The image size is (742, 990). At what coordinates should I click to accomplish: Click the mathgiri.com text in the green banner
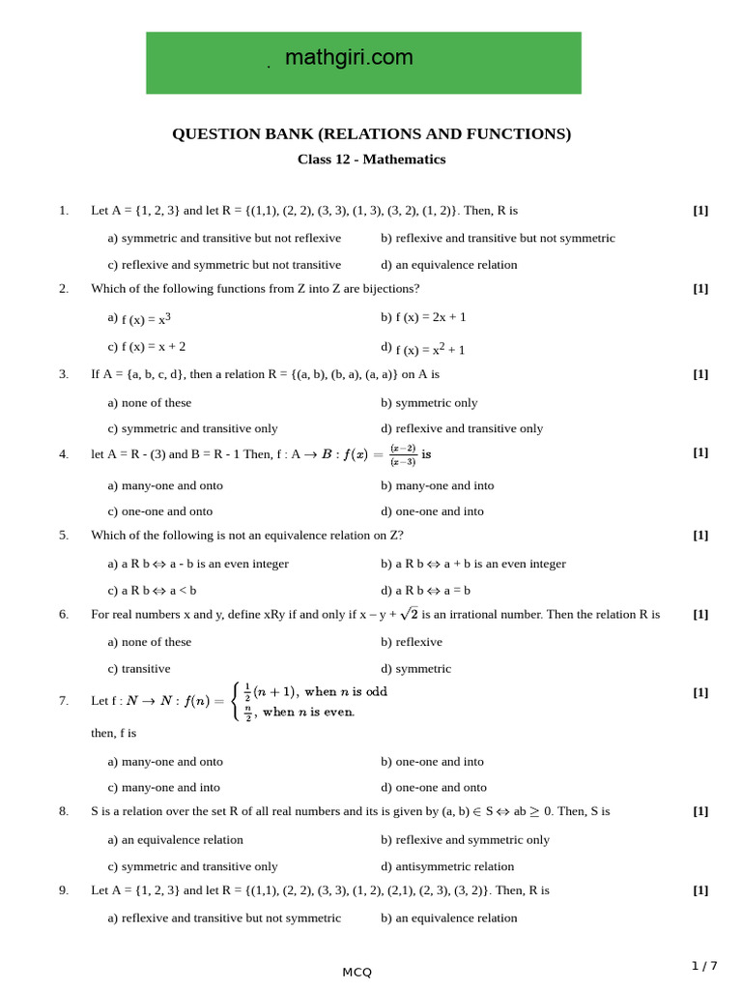(x=349, y=58)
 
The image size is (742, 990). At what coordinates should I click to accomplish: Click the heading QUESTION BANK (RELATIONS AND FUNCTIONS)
(x=371, y=134)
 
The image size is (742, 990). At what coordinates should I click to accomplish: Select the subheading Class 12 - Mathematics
(x=371, y=160)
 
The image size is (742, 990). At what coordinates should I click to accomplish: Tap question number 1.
(x=64, y=211)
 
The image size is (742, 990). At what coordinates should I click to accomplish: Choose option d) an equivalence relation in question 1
(x=449, y=265)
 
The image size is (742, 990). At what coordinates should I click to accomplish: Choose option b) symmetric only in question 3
(x=429, y=403)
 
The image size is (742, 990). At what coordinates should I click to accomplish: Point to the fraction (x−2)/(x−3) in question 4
(x=403, y=454)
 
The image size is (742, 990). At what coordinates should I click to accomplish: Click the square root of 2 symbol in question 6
(x=409, y=614)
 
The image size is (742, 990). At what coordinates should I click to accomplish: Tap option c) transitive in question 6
(x=139, y=669)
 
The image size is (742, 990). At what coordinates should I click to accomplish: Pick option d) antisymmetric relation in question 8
(x=447, y=867)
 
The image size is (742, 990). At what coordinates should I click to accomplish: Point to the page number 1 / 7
(x=704, y=966)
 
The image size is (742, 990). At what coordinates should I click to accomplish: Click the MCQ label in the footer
(x=357, y=973)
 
